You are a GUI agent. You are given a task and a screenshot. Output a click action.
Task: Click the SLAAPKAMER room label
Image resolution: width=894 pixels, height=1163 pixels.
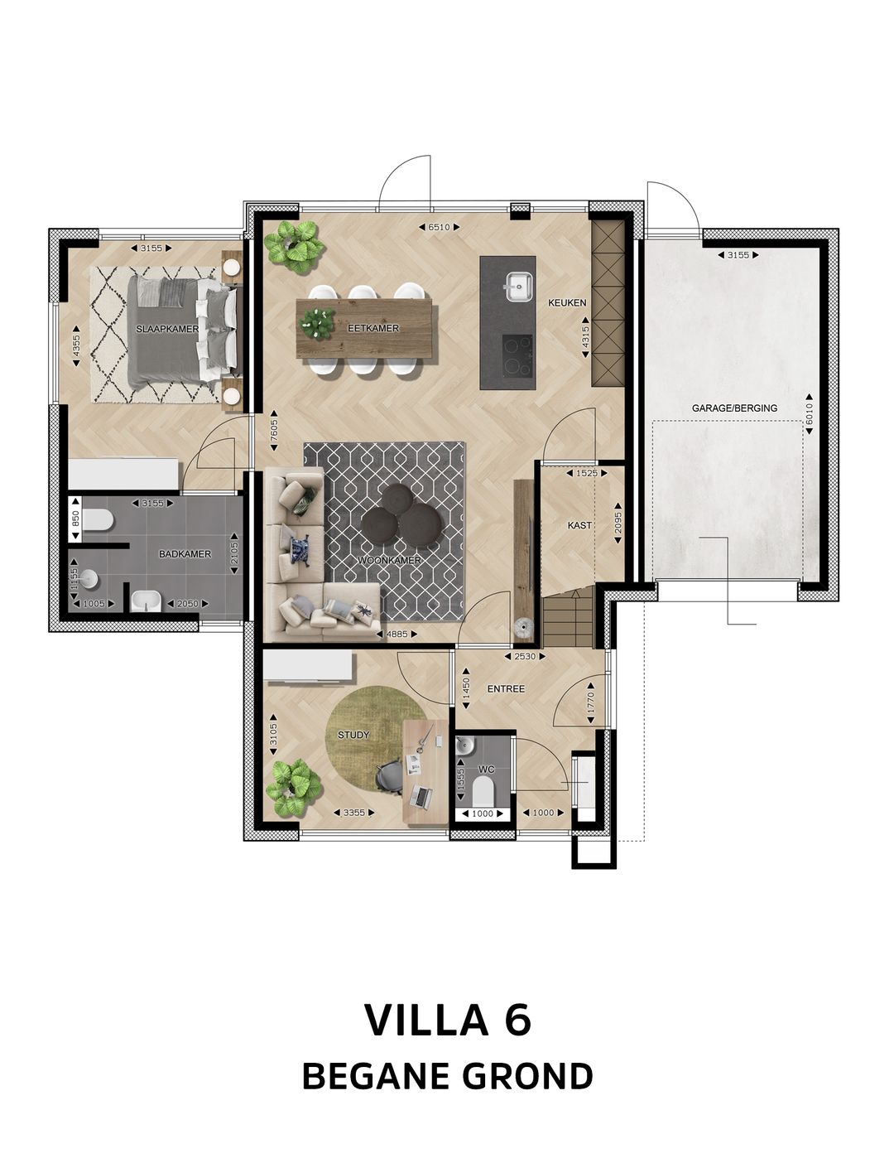click(x=167, y=329)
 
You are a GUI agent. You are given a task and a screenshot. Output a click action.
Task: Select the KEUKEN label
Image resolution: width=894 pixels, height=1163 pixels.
click(x=567, y=303)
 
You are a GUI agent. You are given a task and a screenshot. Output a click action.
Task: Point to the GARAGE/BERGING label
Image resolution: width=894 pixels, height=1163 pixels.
click(x=734, y=408)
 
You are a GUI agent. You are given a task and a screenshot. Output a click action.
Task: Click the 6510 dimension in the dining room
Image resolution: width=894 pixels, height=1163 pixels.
click(x=439, y=227)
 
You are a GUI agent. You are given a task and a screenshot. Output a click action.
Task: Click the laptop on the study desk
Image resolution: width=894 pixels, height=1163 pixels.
click(x=421, y=798)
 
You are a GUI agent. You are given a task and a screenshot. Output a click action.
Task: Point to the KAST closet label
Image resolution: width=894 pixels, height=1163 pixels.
click(x=579, y=525)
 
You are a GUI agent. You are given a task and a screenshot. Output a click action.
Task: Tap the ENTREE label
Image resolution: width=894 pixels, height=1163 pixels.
click(x=506, y=688)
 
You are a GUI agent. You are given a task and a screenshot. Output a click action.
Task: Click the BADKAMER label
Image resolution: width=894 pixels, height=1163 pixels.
click(x=185, y=554)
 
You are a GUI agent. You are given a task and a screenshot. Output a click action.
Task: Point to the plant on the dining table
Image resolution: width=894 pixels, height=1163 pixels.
click(x=317, y=323)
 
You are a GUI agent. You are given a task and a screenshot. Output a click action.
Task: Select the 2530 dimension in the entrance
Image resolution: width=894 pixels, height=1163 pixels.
click(x=525, y=656)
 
